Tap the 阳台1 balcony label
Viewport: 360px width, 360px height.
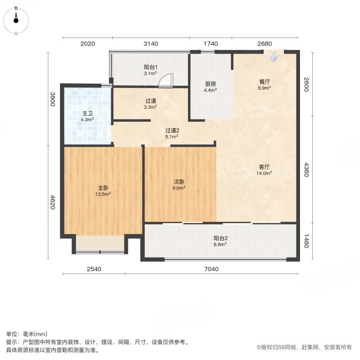click(150, 68)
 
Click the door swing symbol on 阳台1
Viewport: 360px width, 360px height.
click(165, 81)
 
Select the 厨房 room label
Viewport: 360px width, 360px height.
click(210, 84)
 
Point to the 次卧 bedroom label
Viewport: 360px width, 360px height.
click(178, 182)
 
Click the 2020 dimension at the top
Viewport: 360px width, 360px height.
click(87, 44)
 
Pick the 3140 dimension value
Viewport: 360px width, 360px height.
click(151, 44)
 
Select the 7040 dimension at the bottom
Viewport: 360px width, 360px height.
click(212, 269)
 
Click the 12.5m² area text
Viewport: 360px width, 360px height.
click(103, 194)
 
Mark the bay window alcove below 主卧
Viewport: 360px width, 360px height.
click(100, 243)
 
